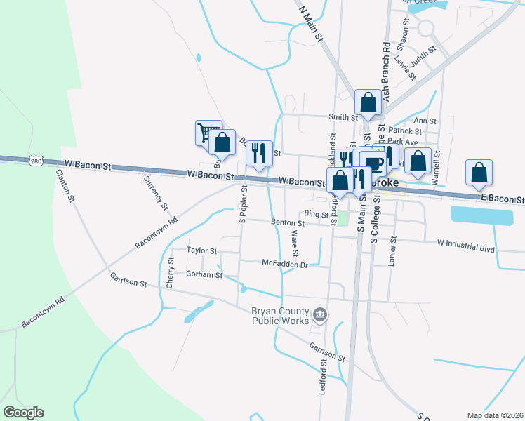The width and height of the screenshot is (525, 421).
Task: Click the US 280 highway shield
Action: point(36,161)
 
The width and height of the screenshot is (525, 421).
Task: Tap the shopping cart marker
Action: point(206,132)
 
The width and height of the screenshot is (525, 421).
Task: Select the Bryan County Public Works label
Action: point(280,316)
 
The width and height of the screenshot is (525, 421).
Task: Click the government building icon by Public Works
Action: point(320,315)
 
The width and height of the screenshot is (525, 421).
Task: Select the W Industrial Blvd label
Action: point(465,247)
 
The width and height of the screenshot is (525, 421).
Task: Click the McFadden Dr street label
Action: point(284,264)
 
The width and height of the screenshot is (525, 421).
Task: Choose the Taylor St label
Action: point(201,250)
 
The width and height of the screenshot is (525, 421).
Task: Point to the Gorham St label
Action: point(204,275)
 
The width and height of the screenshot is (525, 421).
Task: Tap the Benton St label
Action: point(288,223)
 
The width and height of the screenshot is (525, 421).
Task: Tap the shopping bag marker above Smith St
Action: point(368,102)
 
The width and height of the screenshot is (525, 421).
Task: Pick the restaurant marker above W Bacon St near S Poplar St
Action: point(259,154)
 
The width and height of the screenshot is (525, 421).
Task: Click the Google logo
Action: point(23,413)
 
